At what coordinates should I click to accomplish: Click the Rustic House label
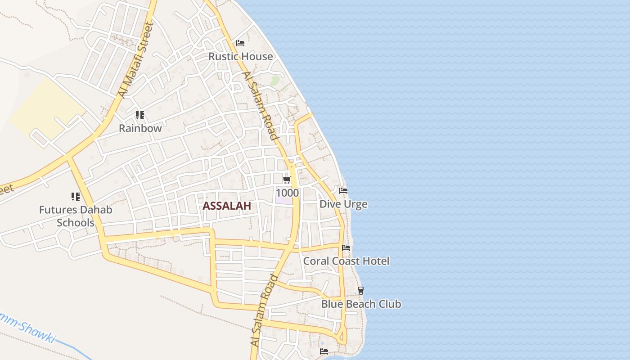point(241,56)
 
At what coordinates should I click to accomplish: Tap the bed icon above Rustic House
point(240,43)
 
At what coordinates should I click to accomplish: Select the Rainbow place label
point(140,128)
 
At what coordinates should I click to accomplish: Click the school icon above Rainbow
point(140,115)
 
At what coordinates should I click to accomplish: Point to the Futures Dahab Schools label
point(76,216)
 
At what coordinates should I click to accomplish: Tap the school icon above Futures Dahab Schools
point(75,196)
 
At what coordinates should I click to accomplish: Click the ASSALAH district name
point(226,206)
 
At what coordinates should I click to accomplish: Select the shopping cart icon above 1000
point(287,180)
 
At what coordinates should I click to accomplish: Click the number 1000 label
point(287,193)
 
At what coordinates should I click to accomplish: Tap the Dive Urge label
point(343,204)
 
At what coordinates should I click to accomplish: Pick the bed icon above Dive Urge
point(343,191)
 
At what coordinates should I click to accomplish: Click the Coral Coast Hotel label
point(346,261)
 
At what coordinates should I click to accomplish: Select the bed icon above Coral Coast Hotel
point(346,248)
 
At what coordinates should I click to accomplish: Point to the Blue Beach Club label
point(361,304)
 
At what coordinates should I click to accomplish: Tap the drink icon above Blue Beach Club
point(360,291)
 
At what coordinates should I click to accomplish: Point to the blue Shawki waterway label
point(29,328)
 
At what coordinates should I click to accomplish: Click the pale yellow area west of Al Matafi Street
point(45,108)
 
